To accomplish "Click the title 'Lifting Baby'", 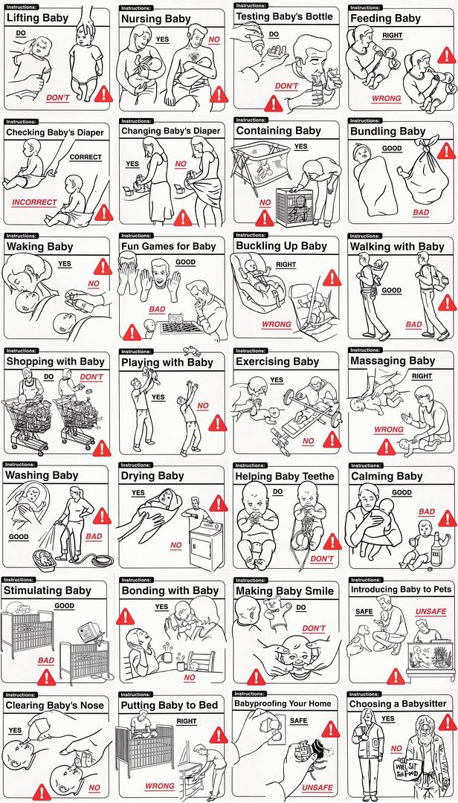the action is (x=37, y=19).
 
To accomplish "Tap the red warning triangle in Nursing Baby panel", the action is (x=219, y=94).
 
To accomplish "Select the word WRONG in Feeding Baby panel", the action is (x=387, y=98).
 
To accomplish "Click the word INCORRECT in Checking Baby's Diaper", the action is (x=35, y=202).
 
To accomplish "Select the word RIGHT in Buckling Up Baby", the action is (x=286, y=265).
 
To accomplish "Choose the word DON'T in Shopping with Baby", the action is (x=91, y=377).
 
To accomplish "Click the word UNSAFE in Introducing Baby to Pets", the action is (x=430, y=611).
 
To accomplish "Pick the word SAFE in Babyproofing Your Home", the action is (x=299, y=720).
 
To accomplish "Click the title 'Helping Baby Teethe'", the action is (x=284, y=477).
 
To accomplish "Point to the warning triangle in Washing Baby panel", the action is (x=101, y=516).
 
